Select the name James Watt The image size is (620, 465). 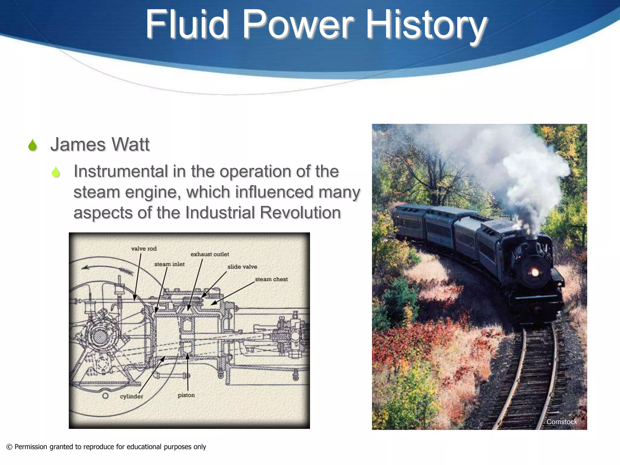pyautogui.click(x=100, y=144)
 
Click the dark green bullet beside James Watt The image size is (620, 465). pyautogui.click(x=32, y=145)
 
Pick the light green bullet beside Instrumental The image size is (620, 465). pyautogui.click(x=56, y=172)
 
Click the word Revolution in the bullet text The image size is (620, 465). pyautogui.click(x=300, y=213)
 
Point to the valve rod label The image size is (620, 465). pyautogui.click(x=144, y=249)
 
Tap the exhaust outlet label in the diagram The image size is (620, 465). pyautogui.click(x=209, y=254)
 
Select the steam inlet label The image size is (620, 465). pyautogui.click(x=169, y=264)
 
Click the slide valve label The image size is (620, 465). pyautogui.click(x=242, y=267)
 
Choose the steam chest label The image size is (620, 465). pyautogui.click(x=271, y=279)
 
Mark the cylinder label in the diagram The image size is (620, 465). pyautogui.click(x=131, y=396)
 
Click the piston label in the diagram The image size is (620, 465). pyautogui.click(x=186, y=395)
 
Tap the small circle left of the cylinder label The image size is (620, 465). pyautogui.click(x=105, y=396)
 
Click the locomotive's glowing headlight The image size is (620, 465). pyautogui.click(x=535, y=272)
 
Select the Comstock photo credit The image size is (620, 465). pyautogui.click(x=562, y=422)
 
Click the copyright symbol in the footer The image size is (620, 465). pyautogui.click(x=9, y=447)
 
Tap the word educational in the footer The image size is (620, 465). pyautogui.click(x=144, y=447)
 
